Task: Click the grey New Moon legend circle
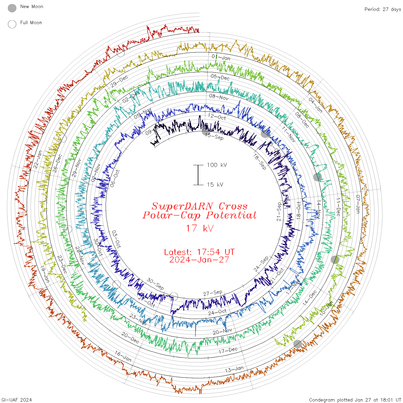12,8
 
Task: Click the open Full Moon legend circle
12,24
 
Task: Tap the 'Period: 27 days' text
383,9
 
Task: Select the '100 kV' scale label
217,165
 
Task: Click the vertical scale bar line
198,175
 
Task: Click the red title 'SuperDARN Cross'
199,206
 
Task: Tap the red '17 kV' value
199,228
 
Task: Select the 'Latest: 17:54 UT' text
199,252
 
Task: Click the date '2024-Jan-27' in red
199,260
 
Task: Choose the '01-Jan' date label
221,57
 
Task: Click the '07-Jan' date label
358,204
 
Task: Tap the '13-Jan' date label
234,369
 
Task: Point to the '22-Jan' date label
38,159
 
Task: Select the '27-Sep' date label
213,293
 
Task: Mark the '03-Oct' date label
116,239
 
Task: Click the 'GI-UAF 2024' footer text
16,400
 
